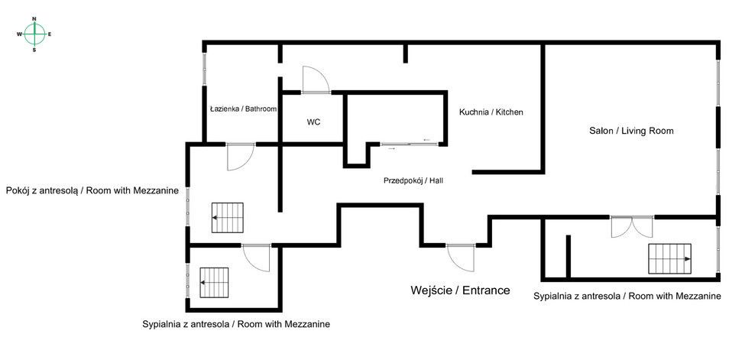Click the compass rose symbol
(x=34, y=34)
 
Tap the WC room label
(x=313, y=122)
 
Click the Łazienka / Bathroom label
(x=243, y=109)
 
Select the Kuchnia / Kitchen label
(x=491, y=112)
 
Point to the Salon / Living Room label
(x=631, y=131)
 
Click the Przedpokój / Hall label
(x=413, y=181)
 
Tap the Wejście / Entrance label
(x=460, y=290)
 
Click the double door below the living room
(x=631, y=226)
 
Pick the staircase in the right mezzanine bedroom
(x=669, y=259)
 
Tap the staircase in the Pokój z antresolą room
(x=227, y=218)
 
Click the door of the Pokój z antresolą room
(x=240, y=157)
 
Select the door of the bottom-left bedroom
(x=257, y=258)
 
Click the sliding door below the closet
(x=407, y=144)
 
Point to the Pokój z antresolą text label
(x=92, y=190)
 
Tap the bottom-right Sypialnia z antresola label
(x=627, y=296)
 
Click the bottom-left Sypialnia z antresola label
(x=236, y=324)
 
